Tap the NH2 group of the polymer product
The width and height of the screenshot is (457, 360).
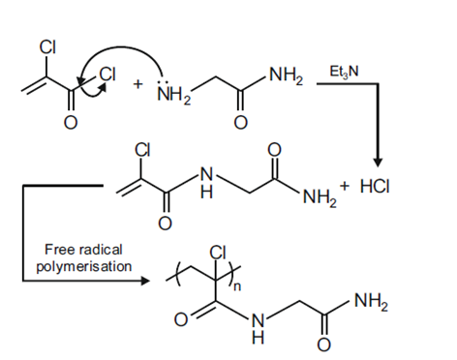[x=370, y=303]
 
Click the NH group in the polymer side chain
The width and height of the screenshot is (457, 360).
[x=257, y=328]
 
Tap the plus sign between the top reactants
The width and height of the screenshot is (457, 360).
[x=138, y=84]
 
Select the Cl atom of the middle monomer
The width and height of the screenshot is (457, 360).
[x=143, y=151]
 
